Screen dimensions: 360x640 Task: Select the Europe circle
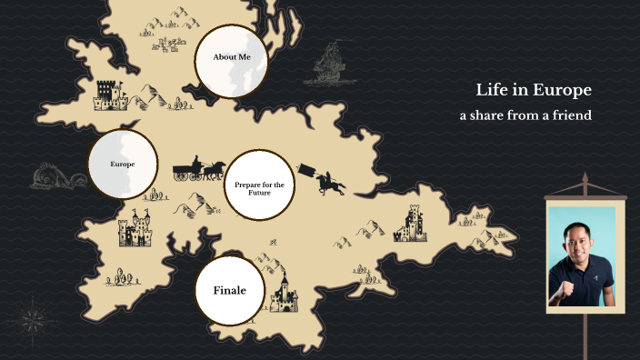[x=123, y=165]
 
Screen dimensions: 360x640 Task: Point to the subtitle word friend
[x=569, y=115]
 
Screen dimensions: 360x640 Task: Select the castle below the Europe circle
[x=134, y=230]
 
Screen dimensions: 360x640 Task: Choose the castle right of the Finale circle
[x=283, y=292]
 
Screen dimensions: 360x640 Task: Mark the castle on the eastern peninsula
[x=410, y=224]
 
